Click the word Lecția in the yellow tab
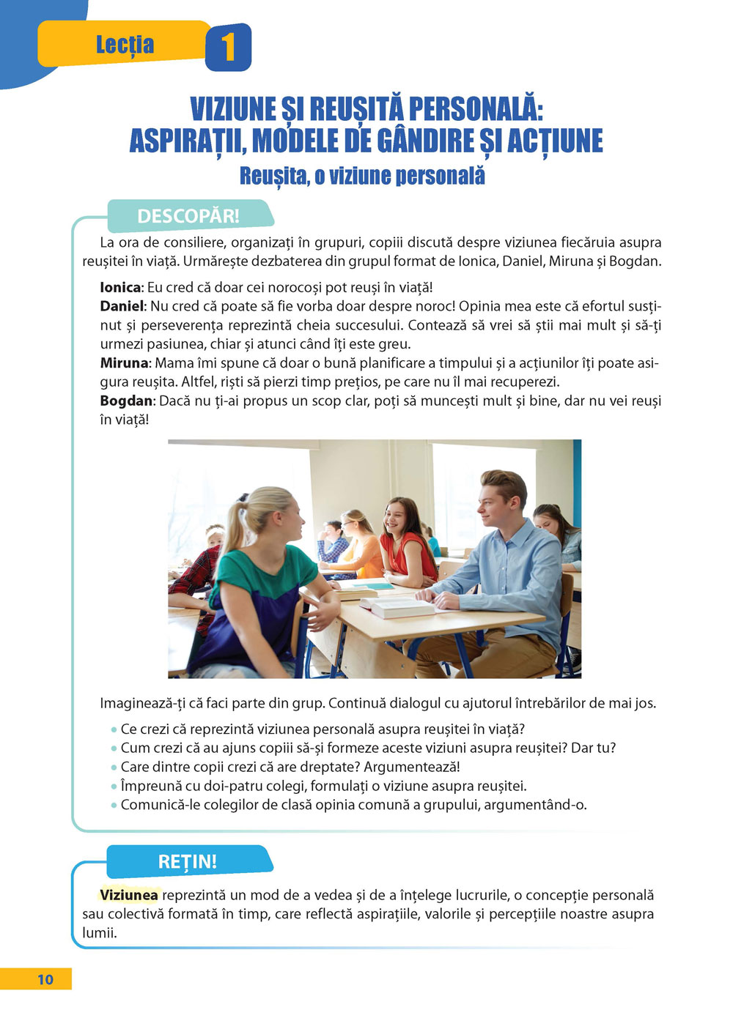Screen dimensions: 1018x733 (125, 45)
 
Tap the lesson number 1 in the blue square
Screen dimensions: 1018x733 (228, 48)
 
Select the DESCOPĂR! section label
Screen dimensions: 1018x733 (188, 216)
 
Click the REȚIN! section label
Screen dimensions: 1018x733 (188, 861)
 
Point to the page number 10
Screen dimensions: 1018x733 (45, 979)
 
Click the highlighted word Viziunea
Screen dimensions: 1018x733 (129, 895)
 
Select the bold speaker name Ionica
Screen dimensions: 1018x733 (120, 288)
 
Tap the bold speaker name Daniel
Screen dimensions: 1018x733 (122, 306)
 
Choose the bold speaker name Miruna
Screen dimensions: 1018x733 (124, 363)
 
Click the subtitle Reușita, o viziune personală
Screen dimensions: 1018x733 (362, 177)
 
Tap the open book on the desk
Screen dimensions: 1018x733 (401, 605)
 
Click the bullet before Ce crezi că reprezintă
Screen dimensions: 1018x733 (114, 729)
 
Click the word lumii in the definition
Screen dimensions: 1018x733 (98, 933)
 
